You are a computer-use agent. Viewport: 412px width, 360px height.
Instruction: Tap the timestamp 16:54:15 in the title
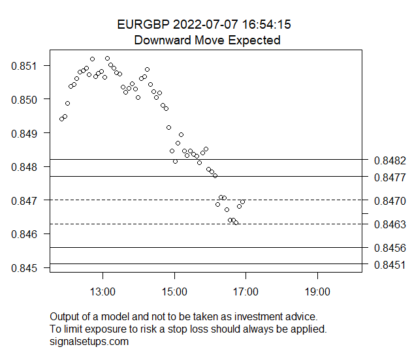(266, 25)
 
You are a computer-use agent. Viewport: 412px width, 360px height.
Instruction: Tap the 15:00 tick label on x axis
(174, 291)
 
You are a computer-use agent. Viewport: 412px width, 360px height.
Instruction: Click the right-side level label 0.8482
(390, 160)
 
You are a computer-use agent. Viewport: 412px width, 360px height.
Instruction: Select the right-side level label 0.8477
(390, 177)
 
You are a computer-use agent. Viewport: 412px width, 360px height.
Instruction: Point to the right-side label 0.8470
(390, 201)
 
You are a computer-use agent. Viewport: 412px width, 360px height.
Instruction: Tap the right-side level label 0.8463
(390, 224)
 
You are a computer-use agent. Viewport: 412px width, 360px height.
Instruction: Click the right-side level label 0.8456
(390, 248)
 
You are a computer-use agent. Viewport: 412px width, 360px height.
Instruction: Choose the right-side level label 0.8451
(390, 265)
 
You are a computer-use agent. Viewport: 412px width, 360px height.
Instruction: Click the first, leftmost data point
(61, 119)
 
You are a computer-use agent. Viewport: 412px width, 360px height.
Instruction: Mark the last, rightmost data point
(243, 202)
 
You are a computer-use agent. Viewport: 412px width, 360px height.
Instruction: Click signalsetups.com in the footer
(89, 341)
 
